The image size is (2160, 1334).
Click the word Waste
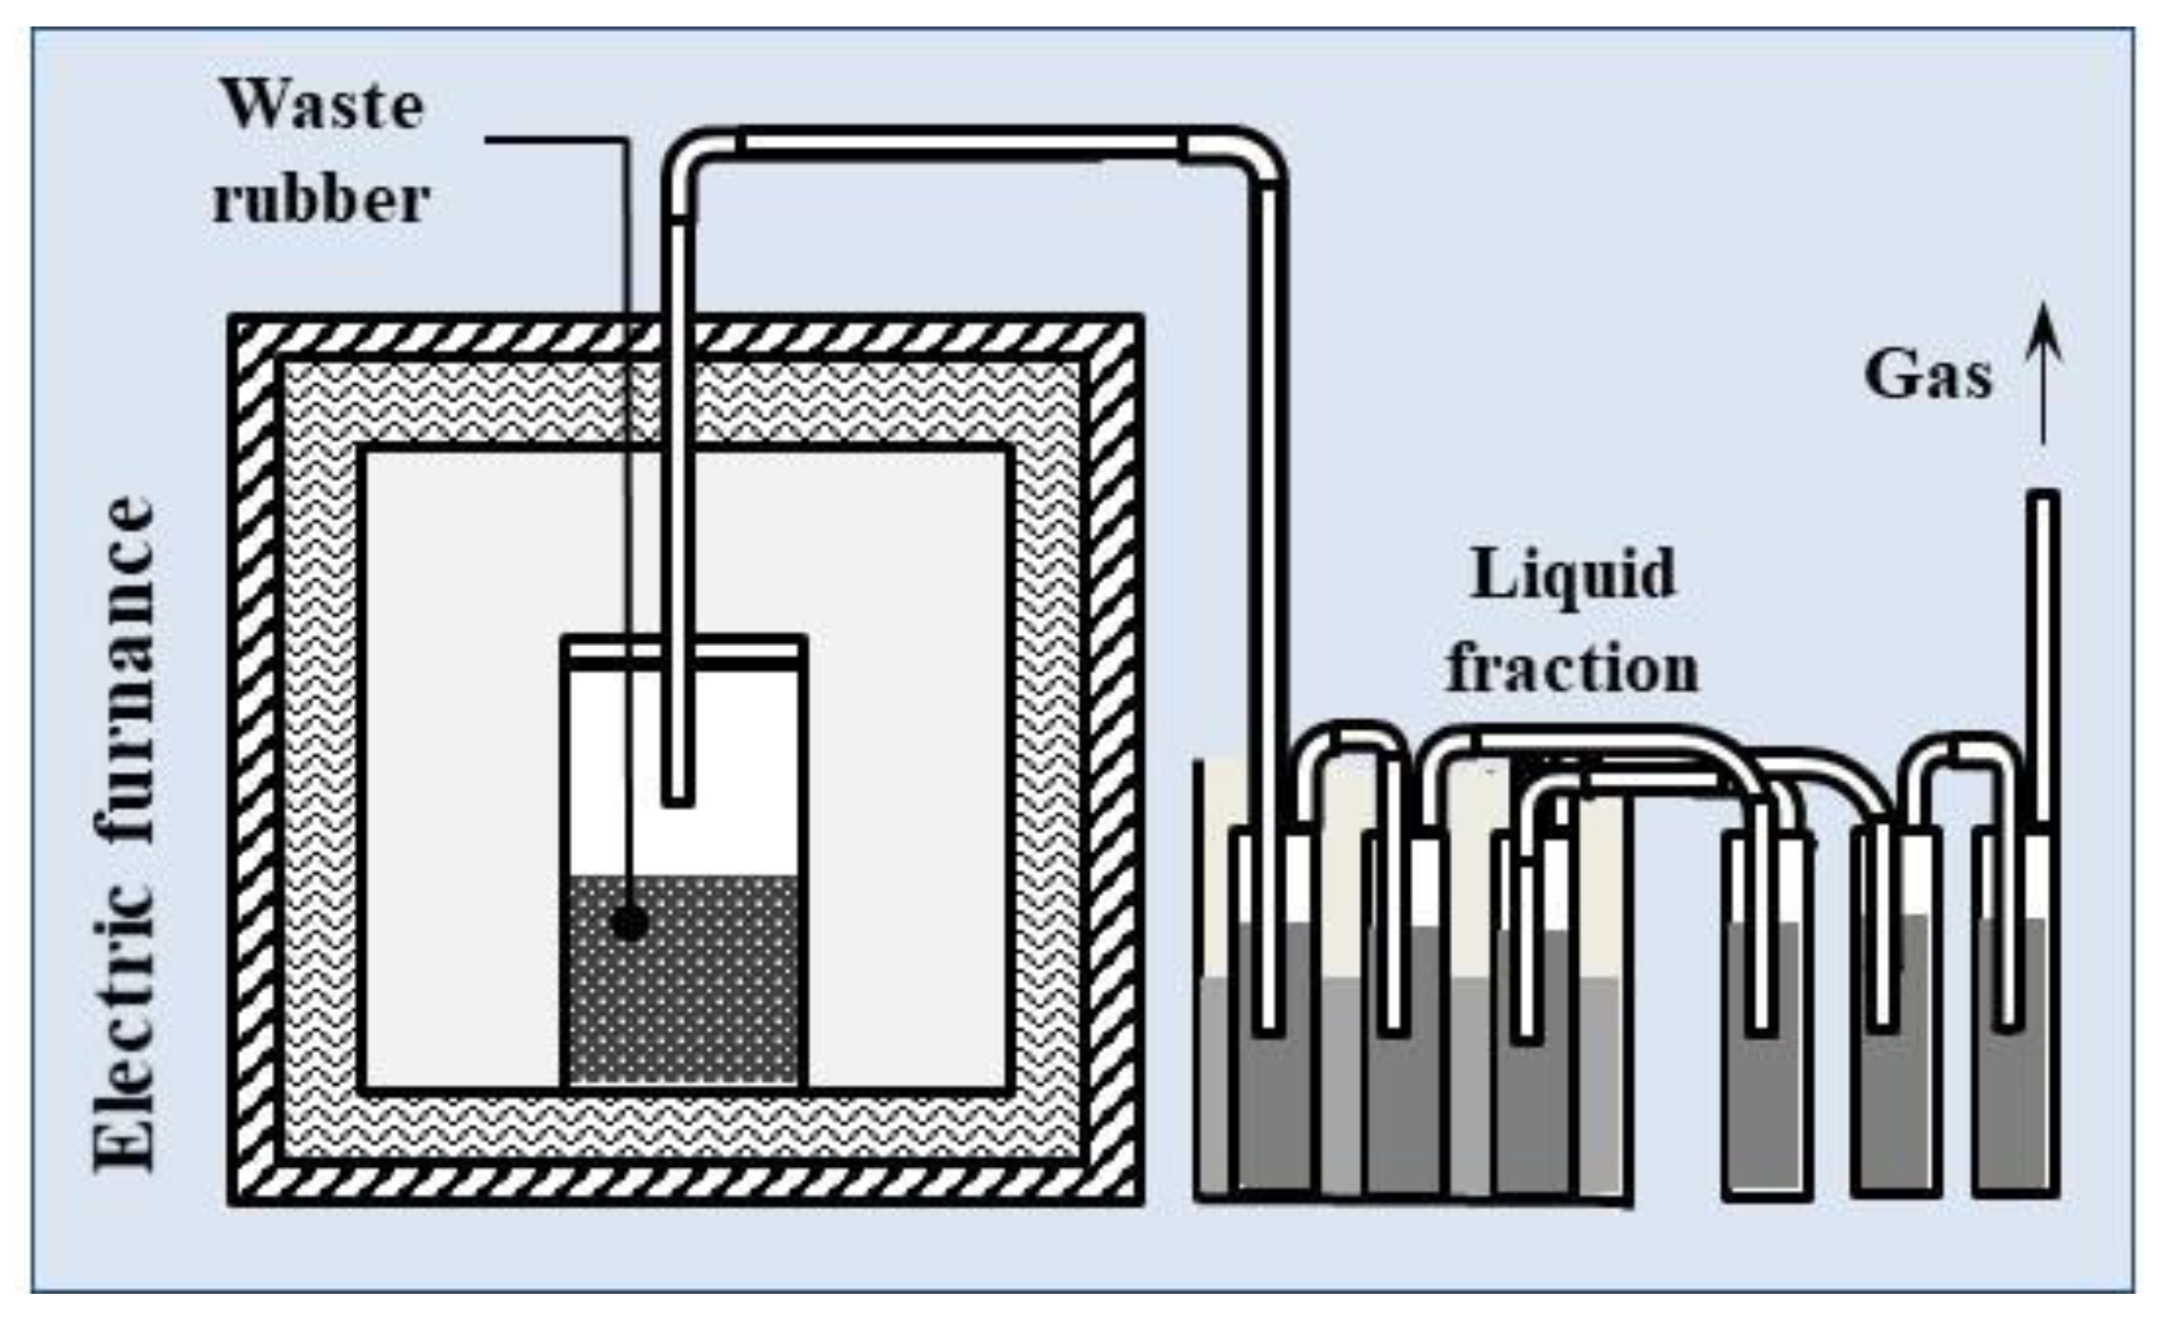click(324, 108)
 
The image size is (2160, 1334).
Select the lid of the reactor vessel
click(683, 649)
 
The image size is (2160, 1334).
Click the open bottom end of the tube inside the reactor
click(677, 797)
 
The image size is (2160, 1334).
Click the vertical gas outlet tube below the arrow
click(2046, 657)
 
